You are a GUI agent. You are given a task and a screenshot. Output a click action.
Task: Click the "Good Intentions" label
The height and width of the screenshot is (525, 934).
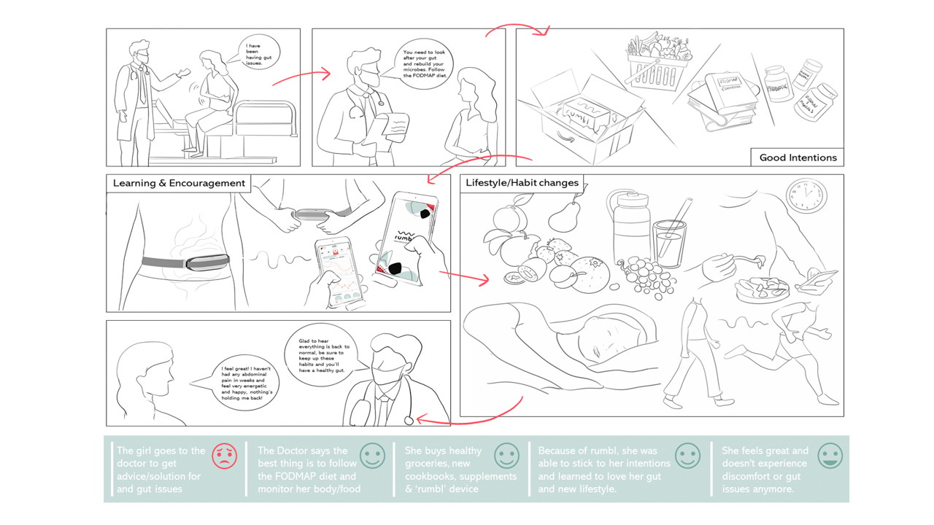(798, 157)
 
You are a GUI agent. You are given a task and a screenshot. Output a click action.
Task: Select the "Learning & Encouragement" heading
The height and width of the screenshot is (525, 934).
(179, 183)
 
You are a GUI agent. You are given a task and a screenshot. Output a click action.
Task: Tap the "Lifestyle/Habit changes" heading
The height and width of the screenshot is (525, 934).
(522, 183)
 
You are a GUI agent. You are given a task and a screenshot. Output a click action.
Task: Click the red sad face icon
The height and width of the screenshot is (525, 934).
(225, 456)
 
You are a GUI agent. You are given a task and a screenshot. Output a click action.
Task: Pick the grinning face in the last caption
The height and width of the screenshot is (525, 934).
(830, 456)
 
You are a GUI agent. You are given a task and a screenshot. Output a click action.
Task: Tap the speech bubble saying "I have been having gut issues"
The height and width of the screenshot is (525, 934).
(260, 55)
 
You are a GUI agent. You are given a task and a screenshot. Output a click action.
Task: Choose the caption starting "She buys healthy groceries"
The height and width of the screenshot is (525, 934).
(460, 470)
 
